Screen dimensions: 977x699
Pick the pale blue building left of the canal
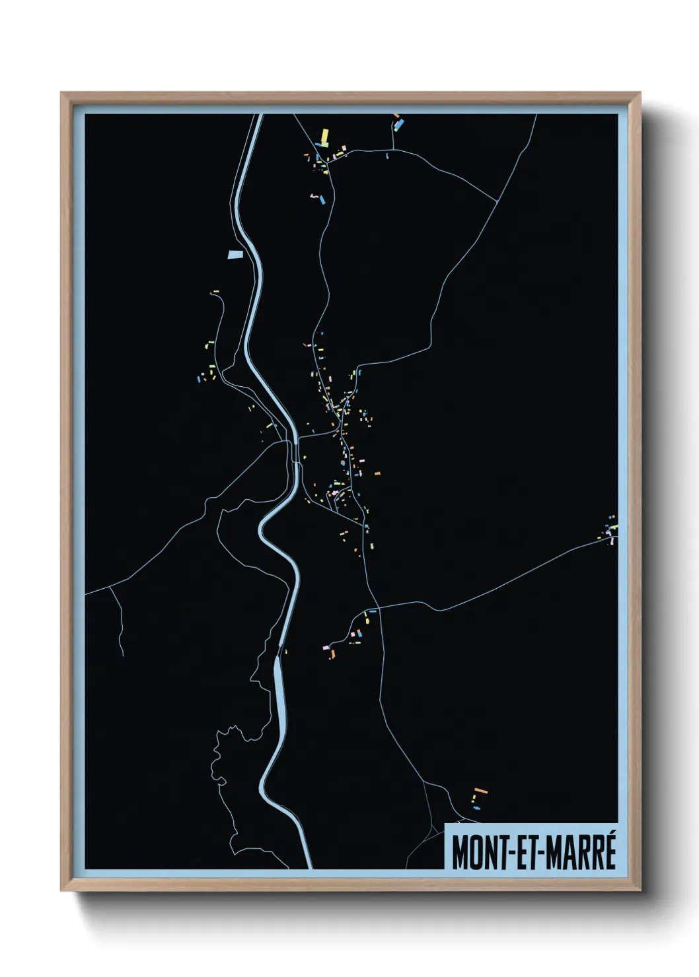[235, 254]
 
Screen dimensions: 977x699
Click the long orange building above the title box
[480, 790]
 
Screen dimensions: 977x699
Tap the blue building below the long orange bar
[476, 807]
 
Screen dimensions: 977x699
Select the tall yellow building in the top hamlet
[324, 137]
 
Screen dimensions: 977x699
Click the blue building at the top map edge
[398, 122]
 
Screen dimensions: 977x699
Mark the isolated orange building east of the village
[377, 473]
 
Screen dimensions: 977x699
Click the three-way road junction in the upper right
[496, 201]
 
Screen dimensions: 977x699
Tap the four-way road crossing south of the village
[375, 607]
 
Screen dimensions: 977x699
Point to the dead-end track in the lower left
[122, 654]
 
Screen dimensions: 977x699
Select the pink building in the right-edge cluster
[612, 540]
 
